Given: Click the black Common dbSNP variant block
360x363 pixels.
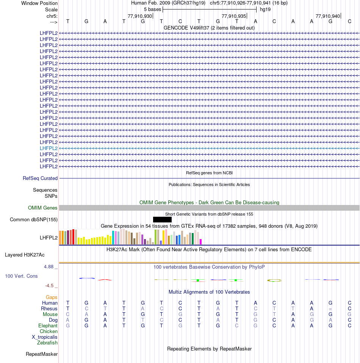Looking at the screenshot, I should click(162, 219).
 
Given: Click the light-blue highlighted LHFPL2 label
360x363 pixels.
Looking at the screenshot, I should click(49, 148).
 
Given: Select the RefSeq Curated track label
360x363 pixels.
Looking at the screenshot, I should click(40, 178).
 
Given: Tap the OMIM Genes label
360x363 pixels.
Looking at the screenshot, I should click(43, 208).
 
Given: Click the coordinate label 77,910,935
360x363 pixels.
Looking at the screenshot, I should click(234, 16).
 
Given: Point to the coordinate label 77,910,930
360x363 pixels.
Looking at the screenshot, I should click(140, 16).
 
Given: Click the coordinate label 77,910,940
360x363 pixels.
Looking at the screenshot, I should click(328, 16).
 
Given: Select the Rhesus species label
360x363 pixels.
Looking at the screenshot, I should click(49, 309).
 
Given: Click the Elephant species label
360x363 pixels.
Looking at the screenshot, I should click(48, 326).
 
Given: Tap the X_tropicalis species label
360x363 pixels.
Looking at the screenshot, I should click(45, 337).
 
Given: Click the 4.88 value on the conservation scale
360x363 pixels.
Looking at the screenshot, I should click(49, 267).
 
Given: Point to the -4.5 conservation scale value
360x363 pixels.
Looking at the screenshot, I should click(49, 285).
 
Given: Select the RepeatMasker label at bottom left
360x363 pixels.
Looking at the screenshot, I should click(42, 354).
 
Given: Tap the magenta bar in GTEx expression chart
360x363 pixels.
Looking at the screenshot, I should click(201, 242).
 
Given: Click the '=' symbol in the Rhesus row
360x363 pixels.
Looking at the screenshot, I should click(330, 309).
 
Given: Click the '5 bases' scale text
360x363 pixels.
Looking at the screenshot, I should click(152, 9).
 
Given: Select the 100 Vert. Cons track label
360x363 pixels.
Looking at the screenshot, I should click(21, 276).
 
